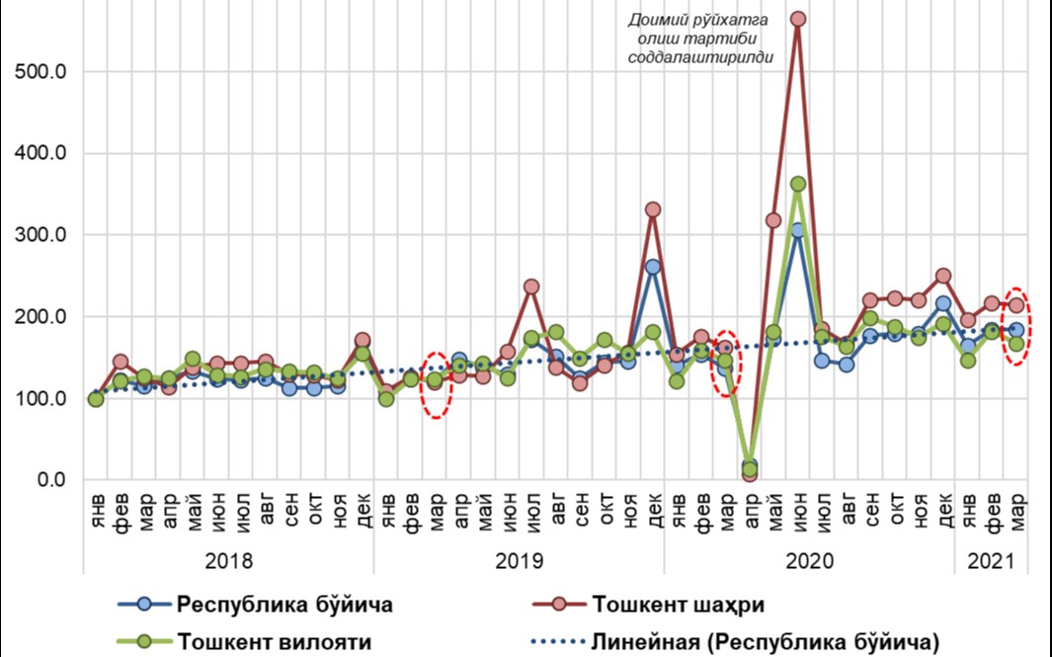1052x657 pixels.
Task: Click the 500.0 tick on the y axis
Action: pos(42,72)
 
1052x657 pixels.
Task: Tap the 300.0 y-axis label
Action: pos(42,235)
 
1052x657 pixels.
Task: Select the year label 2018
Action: pos(228,561)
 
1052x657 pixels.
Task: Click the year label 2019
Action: pos(519,561)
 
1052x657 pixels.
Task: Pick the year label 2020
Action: pos(809,561)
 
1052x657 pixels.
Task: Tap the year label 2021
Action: pos(992,561)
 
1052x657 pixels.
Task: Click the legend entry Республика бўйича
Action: pos(283,605)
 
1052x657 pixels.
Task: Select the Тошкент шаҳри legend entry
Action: pos(679,605)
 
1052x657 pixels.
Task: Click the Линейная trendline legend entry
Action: pos(763,641)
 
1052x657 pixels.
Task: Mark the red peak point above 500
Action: pos(798,19)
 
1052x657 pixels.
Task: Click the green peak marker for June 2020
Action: pos(798,184)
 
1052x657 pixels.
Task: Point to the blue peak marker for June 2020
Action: pos(798,230)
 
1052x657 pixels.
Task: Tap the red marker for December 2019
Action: pos(653,209)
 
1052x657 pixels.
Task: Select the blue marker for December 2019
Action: pos(653,267)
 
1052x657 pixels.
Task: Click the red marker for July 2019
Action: pos(531,287)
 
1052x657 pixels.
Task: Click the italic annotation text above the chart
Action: pos(699,38)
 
